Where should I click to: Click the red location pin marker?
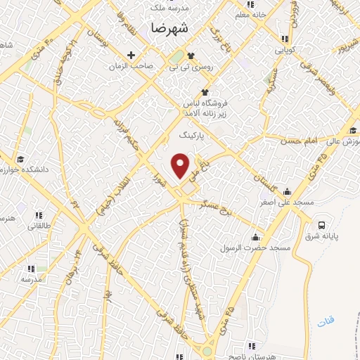tap(181, 165)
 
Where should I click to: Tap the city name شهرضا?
tap(169, 27)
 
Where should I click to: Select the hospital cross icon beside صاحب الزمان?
tap(131, 55)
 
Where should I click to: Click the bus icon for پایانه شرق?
tap(322, 226)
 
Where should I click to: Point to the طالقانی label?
tap(37, 226)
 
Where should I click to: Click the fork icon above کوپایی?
tap(284, 39)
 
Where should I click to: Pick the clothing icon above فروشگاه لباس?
tap(205, 92)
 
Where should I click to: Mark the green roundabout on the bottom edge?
tap(208, 351)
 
